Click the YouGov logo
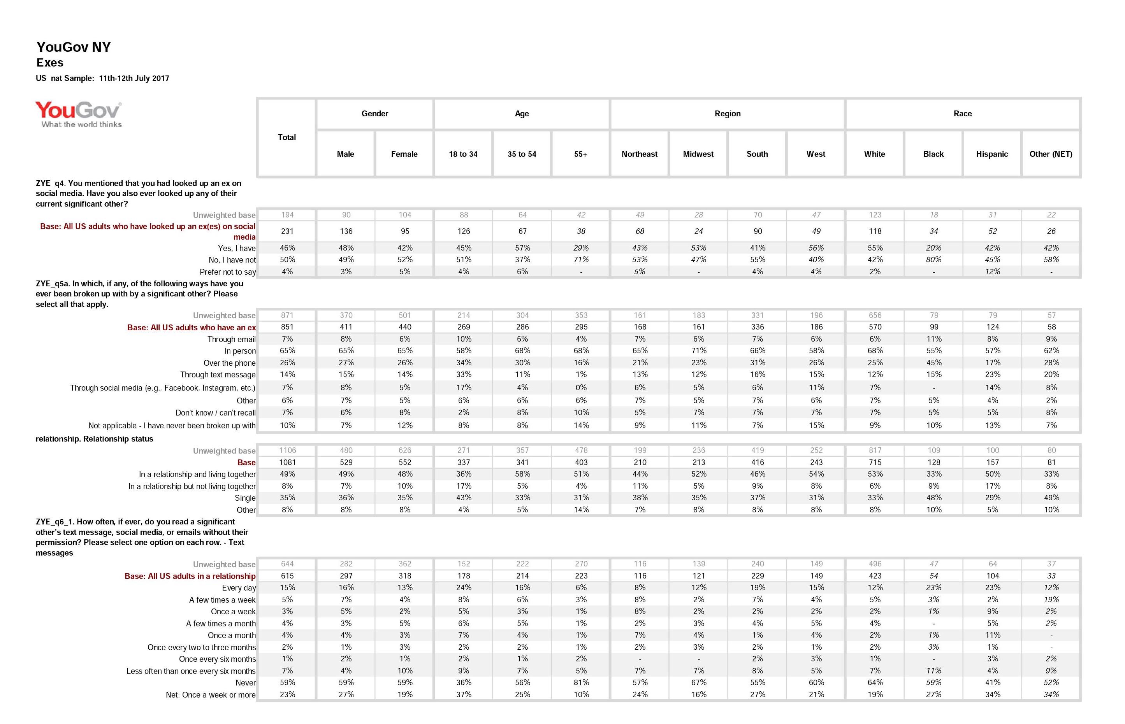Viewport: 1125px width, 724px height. click(x=79, y=114)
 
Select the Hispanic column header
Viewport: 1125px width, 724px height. click(x=991, y=154)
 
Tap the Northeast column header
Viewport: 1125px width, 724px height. click(x=639, y=154)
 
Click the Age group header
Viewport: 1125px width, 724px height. click(x=522, y=114)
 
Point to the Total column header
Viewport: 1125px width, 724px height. click(x=287, y=137)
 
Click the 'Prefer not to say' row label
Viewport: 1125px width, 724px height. click(x=228, y=272)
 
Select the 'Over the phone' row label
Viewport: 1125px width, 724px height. click(x=230, y=363)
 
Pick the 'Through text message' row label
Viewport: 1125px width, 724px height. click(x=218, y=375)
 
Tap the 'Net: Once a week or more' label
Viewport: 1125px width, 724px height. click(x=211, y=695)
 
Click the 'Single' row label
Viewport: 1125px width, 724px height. click(x=245, y=498)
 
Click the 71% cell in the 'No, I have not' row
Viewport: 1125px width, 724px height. click(x=581, y=259)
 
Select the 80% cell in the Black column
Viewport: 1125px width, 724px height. click(x=933, y=259)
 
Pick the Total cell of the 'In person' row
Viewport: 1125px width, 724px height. click(x=287, y=351)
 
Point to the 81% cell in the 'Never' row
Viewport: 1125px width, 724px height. click(x=581, y=683)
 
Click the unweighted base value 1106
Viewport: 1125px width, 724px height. click(x=287, y=451)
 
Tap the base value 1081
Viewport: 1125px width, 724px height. click(x=287, y=463)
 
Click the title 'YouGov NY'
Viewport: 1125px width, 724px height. click(x=74, y=47)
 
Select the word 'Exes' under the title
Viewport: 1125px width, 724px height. click(x=50, y=63)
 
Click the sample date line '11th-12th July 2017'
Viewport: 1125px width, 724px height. click(x=134, y=79)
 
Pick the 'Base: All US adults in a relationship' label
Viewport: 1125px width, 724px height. click(x=190, y=577)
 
